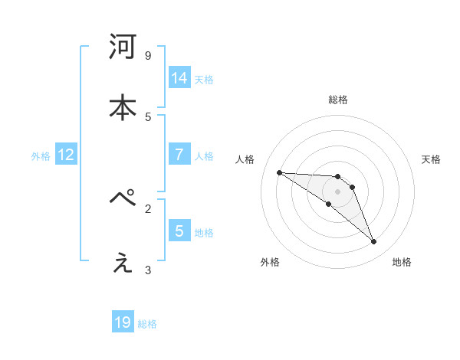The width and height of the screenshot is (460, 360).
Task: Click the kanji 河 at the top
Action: tap(123, 47)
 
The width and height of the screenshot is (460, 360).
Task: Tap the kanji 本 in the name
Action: tap(123, 107)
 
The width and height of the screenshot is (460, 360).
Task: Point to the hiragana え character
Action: tap(123, 263)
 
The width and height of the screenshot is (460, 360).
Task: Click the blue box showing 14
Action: tap(179, 78)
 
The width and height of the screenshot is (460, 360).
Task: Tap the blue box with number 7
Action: tap(179, 155)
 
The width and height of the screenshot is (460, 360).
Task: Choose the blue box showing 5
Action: tap(179, 231)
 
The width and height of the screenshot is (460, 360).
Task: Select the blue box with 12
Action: tap(66, 155)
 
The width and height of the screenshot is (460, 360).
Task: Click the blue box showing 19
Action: tap(123, 322)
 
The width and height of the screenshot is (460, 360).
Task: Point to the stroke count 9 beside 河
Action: tap(148, 56)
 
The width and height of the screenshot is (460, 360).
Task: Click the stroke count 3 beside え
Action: tap(148, 270)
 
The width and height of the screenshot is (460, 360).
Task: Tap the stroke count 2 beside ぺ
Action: tap(148, 208)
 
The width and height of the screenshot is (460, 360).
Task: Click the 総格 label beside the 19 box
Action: tap(147, 324)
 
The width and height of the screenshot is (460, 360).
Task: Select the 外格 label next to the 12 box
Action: tap(41, 156)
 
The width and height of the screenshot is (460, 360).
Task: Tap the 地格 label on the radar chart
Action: tap(402, 262)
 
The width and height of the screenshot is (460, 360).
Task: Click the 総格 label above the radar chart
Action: tap(337, 100)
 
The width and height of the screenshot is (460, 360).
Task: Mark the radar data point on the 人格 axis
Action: tap(279, 172)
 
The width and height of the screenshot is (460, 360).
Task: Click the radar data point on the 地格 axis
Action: tap(374, 242)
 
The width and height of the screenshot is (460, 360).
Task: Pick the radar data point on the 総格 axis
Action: tap(337, 176)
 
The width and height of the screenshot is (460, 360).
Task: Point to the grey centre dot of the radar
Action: tap(337, 191)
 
